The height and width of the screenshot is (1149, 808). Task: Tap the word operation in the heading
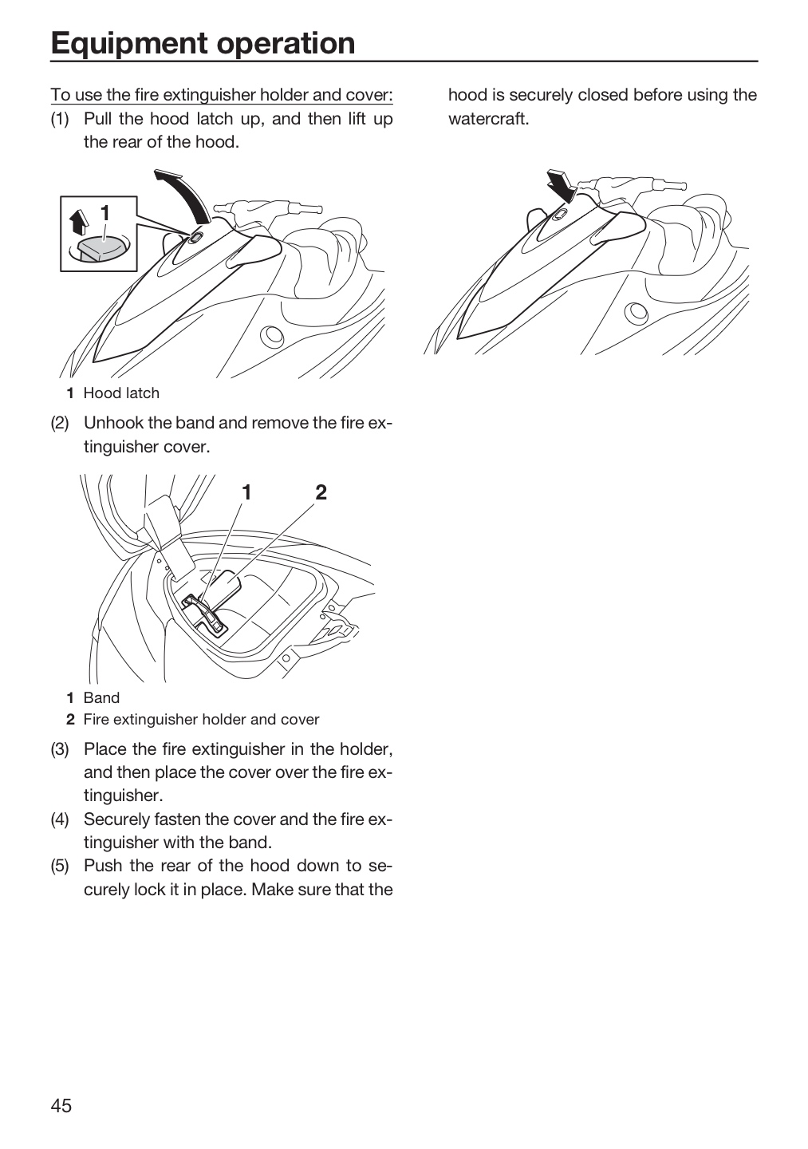pos(286,43)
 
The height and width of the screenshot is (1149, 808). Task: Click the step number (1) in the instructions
pos(60,119)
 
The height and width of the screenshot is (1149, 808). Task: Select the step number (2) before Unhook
pos(60,423)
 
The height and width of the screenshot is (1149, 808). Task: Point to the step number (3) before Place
pos(60,749)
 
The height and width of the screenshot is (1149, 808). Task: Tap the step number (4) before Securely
pos(60,819)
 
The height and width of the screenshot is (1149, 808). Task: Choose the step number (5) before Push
pos(60,866)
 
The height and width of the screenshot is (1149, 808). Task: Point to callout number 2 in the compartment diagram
pos(321,492)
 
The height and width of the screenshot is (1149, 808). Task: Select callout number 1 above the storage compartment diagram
pos(246,492)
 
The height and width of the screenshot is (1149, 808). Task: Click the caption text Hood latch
pos(121,393)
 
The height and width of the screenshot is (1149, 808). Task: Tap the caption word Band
pos(101,698)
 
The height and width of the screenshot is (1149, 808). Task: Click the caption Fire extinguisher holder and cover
pos(202,720)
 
